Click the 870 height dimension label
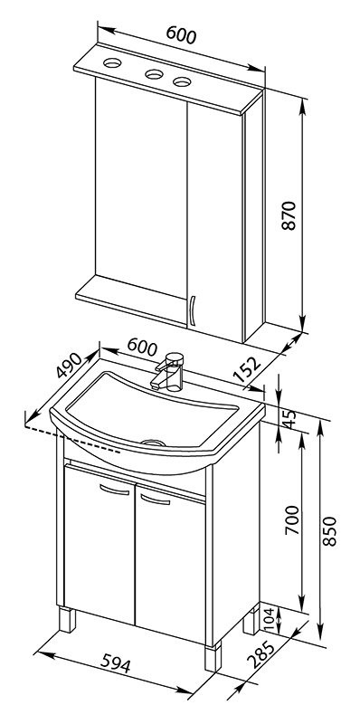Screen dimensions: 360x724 point(289,215)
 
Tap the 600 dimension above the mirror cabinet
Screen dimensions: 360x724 point(182,34)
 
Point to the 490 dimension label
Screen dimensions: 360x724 point(68,365)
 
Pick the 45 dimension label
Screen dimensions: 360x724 point(290,419)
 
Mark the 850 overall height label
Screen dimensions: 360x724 point(329,531)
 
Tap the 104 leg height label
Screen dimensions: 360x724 point(270,620)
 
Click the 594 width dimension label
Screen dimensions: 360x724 point(115,663)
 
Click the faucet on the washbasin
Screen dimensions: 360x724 point(167,372)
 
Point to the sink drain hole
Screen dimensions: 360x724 point(153,442)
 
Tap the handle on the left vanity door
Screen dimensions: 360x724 point(115,490)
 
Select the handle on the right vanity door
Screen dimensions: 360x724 point(155,500)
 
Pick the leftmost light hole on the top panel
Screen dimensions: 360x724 point(112,62)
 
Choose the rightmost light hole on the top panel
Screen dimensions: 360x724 point(182,82)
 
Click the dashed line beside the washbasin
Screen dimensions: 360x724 point(73,440)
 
